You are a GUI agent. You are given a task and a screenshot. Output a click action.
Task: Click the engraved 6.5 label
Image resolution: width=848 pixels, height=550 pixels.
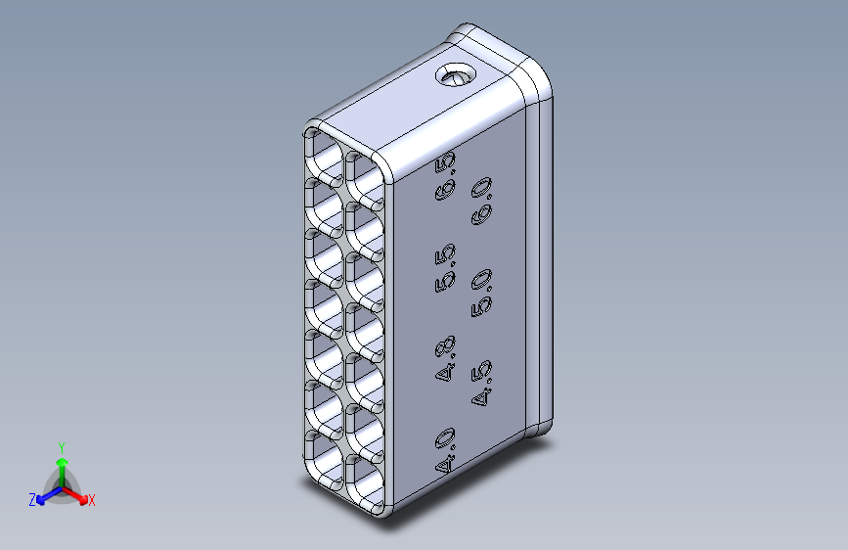pos(446,176)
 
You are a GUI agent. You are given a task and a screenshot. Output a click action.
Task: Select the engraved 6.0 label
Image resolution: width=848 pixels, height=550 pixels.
pos(481,201)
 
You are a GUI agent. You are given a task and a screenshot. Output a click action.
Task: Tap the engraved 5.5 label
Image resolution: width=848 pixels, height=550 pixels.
pos(446,268)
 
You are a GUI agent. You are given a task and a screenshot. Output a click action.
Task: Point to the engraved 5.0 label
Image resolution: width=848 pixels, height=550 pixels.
pos(481,293)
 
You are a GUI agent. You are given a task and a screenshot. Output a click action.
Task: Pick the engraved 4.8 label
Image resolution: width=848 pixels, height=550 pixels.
pos(446,358)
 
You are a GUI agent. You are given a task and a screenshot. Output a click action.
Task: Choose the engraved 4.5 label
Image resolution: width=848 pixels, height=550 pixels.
pos(481,383)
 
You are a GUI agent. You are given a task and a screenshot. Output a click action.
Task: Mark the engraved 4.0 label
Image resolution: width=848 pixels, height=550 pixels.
pos(446,450)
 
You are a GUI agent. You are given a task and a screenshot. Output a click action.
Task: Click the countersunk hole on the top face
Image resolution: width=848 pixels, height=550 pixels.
pos(456,74)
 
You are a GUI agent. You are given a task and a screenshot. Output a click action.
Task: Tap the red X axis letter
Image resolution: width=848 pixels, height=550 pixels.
pos(91,501)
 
